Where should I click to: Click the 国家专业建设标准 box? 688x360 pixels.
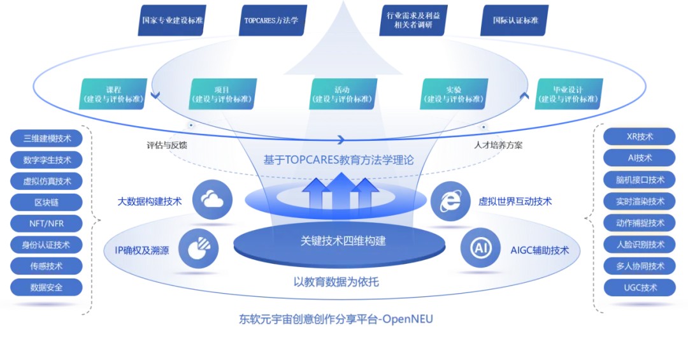click(x=173, y=20)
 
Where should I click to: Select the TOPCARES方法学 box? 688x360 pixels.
click(x=271, y=20)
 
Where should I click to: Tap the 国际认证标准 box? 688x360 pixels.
click(x=515, y=20)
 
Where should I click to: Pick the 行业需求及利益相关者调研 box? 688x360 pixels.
click(x=413, y=20)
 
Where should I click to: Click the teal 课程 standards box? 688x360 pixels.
click(x=114, y=94)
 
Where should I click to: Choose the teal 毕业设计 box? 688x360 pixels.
click(x=569, y=94)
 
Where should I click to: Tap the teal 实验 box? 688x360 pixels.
click(x=455, y=94)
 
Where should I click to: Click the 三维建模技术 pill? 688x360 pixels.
click(x=47, y=138)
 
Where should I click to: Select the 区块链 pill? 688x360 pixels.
click(x=47, y=202)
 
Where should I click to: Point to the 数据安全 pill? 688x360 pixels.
click(x=47, y=287)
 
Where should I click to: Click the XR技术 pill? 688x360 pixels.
click(x=640, y=136)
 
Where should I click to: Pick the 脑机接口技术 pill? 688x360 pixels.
click(x=640, y=180)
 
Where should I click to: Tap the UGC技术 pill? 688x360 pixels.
click(x=640, y=287)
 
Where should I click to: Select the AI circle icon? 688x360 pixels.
click(x=480, y=249)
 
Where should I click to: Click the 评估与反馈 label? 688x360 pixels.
click(x=166, y=145)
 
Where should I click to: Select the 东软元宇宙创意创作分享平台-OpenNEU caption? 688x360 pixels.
click(x=335, y=319)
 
